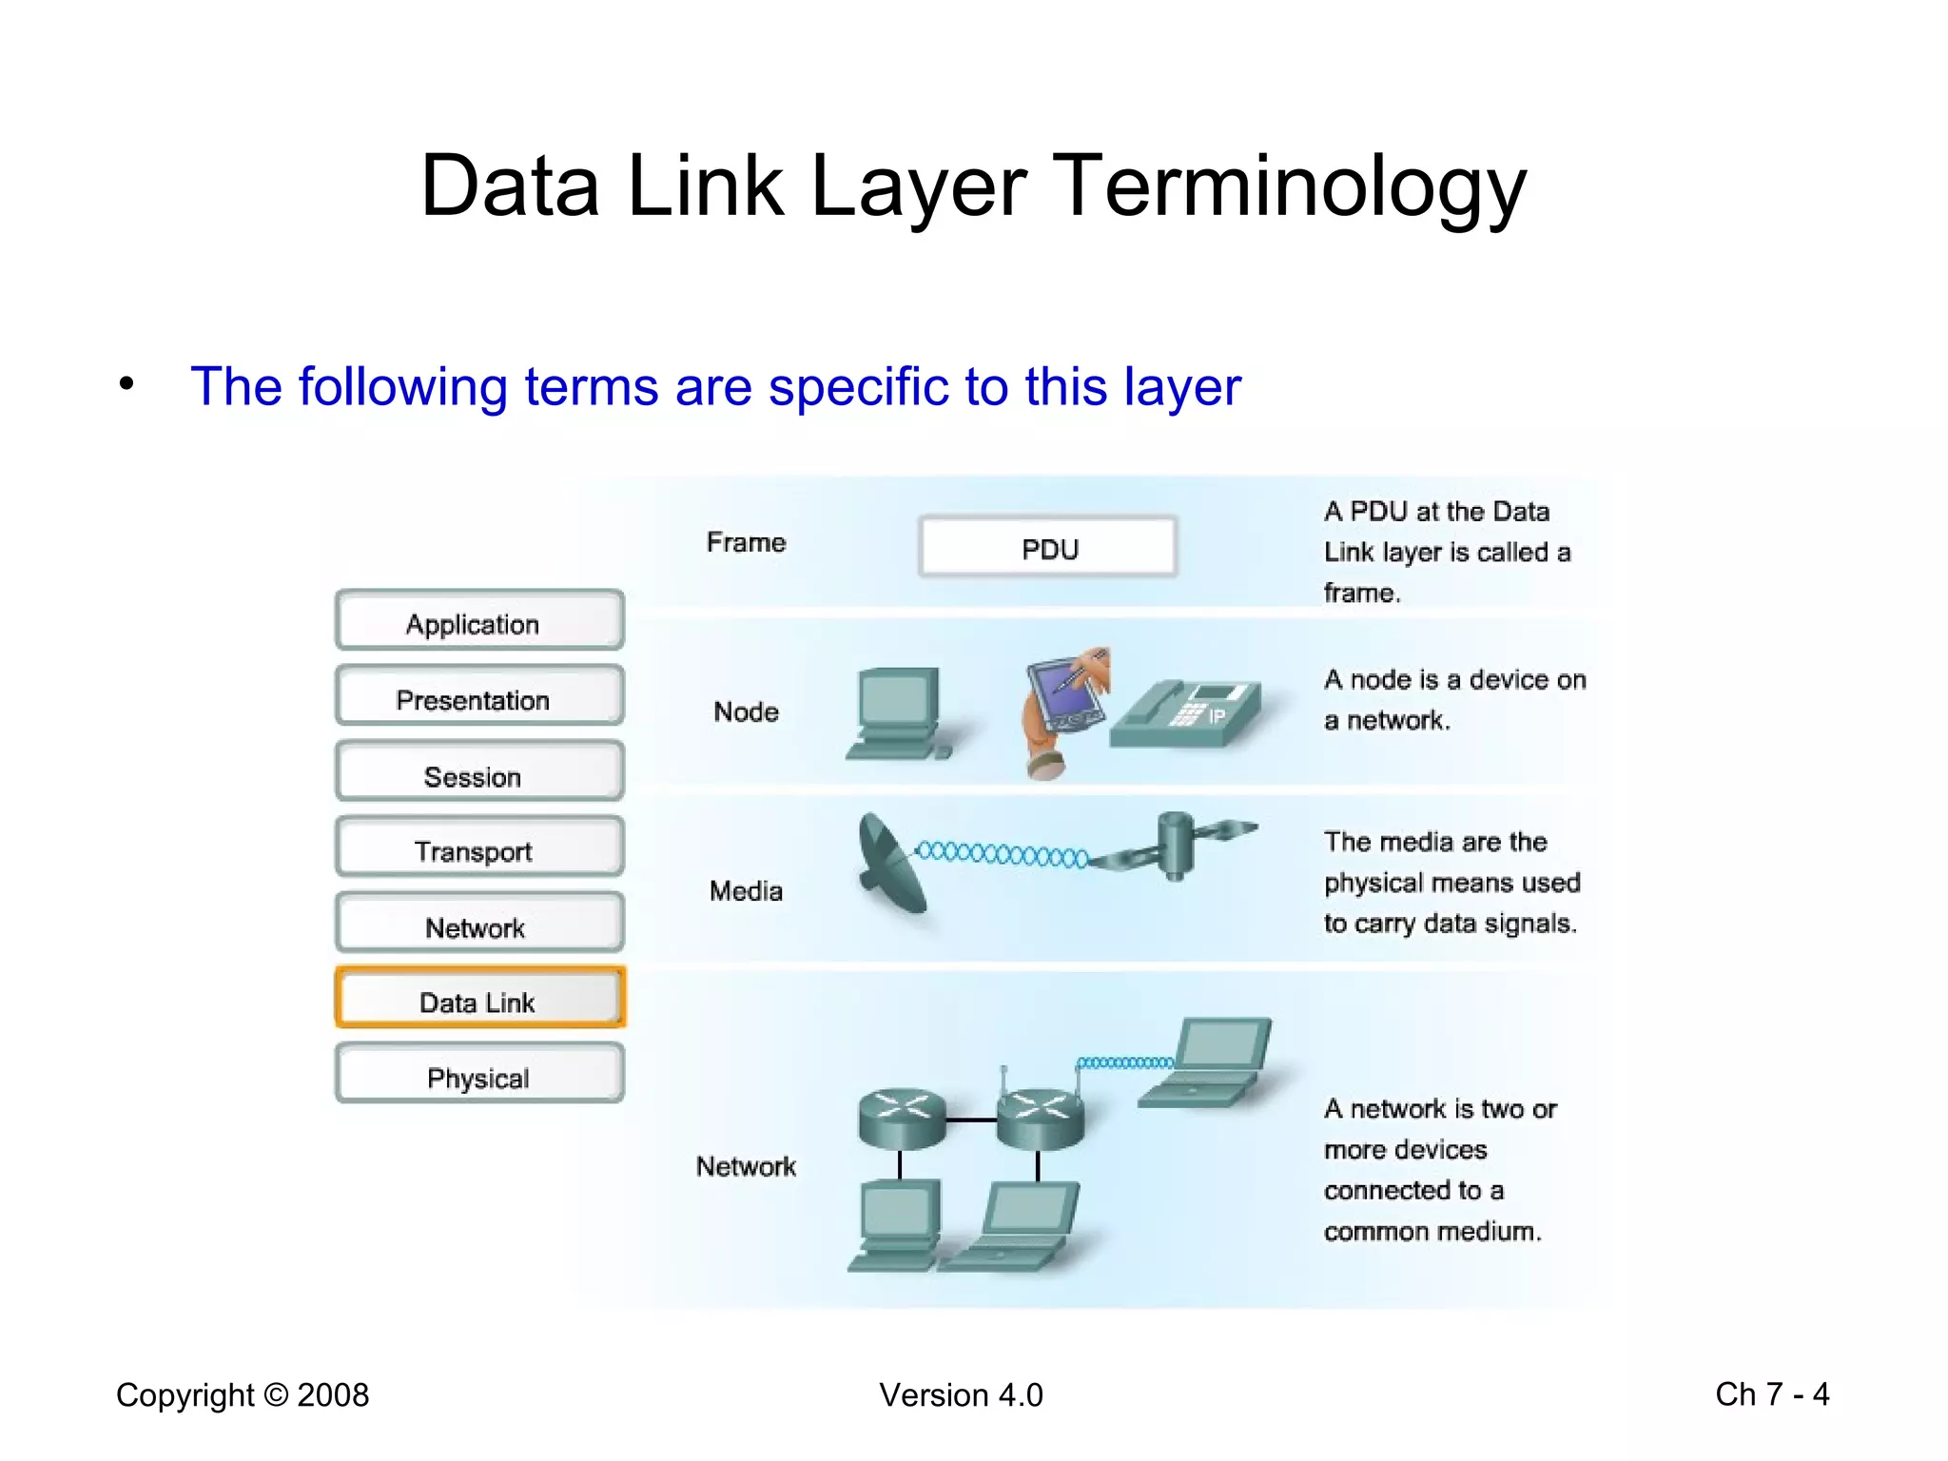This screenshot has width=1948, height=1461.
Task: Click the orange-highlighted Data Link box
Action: coord(479,998)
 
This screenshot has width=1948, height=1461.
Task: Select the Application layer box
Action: coord(479,621)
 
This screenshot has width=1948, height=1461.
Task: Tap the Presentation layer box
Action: coord(479,697)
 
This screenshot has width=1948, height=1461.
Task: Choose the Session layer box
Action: coord(479,772)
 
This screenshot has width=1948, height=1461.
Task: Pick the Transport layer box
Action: coord(479,847)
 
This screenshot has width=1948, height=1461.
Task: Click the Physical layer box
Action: coord(479,1074)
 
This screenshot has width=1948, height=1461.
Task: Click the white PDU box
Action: coord(1048,548)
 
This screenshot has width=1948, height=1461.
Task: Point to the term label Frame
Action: coord(746,542)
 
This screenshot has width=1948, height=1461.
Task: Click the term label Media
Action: coord(746,891)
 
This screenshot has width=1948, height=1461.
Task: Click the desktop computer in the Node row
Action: coord(897,713)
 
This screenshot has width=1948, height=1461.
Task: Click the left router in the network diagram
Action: coord(901,1118)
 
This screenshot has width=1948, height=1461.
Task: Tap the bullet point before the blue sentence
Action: coord(127,385)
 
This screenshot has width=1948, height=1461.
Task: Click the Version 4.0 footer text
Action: coord(961,1395)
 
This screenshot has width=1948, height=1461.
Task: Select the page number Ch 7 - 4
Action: coord(1771,1394)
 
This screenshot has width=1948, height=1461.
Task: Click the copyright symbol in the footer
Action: coord(276,1395)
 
